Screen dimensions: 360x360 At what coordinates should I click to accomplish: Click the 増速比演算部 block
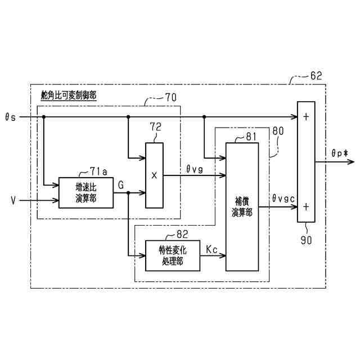(85, 192)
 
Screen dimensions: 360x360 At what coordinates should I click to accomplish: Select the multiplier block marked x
(154, 175)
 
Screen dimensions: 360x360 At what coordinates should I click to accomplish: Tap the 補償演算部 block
(242, 206)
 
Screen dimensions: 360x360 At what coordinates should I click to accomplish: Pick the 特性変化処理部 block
(172, 256)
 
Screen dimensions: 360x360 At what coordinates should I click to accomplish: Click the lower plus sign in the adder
(306, 206)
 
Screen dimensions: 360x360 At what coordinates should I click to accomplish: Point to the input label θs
(10, 117)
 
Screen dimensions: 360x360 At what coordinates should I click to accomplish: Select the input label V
(12, 200)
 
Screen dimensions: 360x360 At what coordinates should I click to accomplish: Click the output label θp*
(340, 152)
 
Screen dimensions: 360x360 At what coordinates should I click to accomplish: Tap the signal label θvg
(195, 167)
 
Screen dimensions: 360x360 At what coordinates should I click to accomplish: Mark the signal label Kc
(212, 248)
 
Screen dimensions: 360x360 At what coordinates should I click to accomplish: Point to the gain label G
(121, 184)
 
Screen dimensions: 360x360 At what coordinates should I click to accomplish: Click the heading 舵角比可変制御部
(69, 95)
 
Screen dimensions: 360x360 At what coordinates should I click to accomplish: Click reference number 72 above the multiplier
(155, 127)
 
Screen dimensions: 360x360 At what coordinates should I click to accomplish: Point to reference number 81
(250, 137)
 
